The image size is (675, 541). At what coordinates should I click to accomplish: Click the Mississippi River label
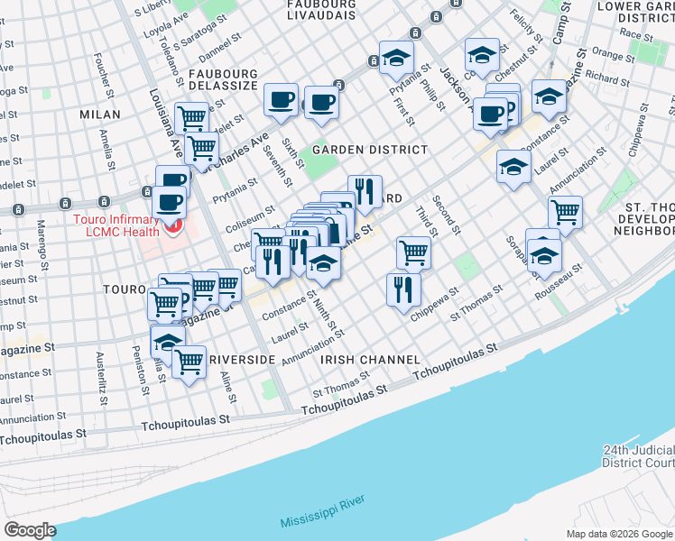pos(321,518)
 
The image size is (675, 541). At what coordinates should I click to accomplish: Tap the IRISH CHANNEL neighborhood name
pos(365,360)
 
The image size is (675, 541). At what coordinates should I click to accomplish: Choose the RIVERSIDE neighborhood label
pos(242,360)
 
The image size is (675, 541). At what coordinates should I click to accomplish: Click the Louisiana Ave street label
pos(162,116)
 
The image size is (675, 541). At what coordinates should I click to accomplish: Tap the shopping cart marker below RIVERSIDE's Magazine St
pos(189,362)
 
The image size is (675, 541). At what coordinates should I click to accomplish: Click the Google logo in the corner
pos(31,529)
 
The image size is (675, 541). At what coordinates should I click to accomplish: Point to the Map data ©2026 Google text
pos(619,533)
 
